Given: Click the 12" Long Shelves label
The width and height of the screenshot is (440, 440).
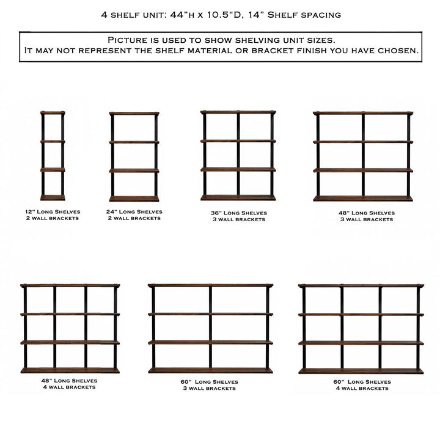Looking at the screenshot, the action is [53, 211].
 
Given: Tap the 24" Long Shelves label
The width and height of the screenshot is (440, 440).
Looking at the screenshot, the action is [134, 211].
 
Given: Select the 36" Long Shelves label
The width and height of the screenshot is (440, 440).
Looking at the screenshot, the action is [239, 213].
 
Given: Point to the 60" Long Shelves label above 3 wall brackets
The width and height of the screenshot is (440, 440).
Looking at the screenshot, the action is [210, 381].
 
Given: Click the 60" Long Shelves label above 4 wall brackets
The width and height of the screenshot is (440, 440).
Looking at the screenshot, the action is [362, 381].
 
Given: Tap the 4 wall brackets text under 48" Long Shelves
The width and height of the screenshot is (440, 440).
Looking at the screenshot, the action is [69, 387].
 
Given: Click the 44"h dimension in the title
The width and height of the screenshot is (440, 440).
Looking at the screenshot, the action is [182, 15].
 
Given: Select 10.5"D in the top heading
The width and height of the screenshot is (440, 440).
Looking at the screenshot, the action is [224, 15].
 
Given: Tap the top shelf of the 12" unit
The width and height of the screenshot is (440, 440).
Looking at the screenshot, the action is [53, 113].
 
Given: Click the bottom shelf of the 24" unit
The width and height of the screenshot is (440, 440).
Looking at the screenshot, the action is [134, 199].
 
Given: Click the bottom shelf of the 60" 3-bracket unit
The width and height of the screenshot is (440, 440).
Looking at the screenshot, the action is [210, 370].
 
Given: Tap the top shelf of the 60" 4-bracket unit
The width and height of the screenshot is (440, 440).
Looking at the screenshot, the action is [361, 285].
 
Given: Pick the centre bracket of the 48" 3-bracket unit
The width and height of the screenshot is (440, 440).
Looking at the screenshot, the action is [363, 155].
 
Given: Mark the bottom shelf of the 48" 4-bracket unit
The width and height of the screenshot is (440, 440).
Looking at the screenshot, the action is [70, 370].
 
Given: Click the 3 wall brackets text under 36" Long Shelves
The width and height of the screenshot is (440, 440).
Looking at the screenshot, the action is [239, 219].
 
